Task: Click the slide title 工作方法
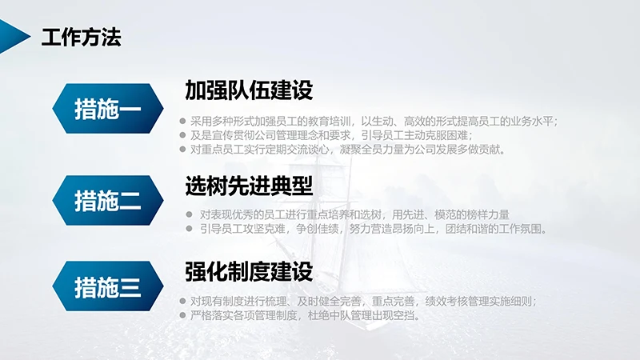(x=81, y=37)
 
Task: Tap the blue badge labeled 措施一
(x=107, y=107)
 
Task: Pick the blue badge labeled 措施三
(x=107, y=286)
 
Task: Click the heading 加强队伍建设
(x=248, y=90)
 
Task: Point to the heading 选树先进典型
(x=248, y=186)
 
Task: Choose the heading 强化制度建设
(x=248, y=271)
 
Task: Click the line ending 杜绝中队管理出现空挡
(x=305, y=315)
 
